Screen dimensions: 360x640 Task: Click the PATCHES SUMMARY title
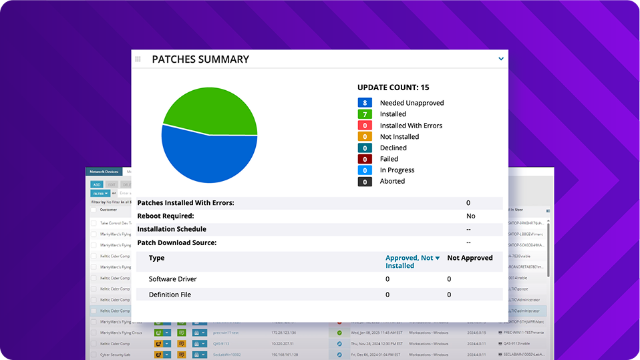[x=200, y=59]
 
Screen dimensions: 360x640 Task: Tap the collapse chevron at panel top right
[x=501, y=59]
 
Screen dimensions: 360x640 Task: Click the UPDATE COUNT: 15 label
[x=393, y=87]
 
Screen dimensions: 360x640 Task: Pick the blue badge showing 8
[x=365, y=103]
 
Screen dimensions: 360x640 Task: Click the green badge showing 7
[x=365, y=114]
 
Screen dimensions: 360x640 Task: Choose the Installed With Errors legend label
[x=411, y=126]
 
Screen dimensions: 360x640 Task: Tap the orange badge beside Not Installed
[x=365, y=136]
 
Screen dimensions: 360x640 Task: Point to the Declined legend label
[x=393, y=148]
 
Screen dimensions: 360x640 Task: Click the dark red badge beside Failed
[x=365, y=159]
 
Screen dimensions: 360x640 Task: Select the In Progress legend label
[x=397, y=170]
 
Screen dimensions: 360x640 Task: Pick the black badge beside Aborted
[x=365, y=181]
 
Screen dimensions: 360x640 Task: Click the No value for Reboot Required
[x=470, y=216]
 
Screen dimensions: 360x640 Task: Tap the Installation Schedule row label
[x=172, y=229]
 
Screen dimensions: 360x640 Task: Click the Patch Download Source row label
[x=176, y=242]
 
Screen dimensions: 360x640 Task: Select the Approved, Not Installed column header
[x=409, y=261]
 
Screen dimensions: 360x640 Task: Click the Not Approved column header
[x=470, y=258]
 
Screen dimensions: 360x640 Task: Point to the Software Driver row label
[x=172, y=279]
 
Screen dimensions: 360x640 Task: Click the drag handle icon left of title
[x=138, y=59]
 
